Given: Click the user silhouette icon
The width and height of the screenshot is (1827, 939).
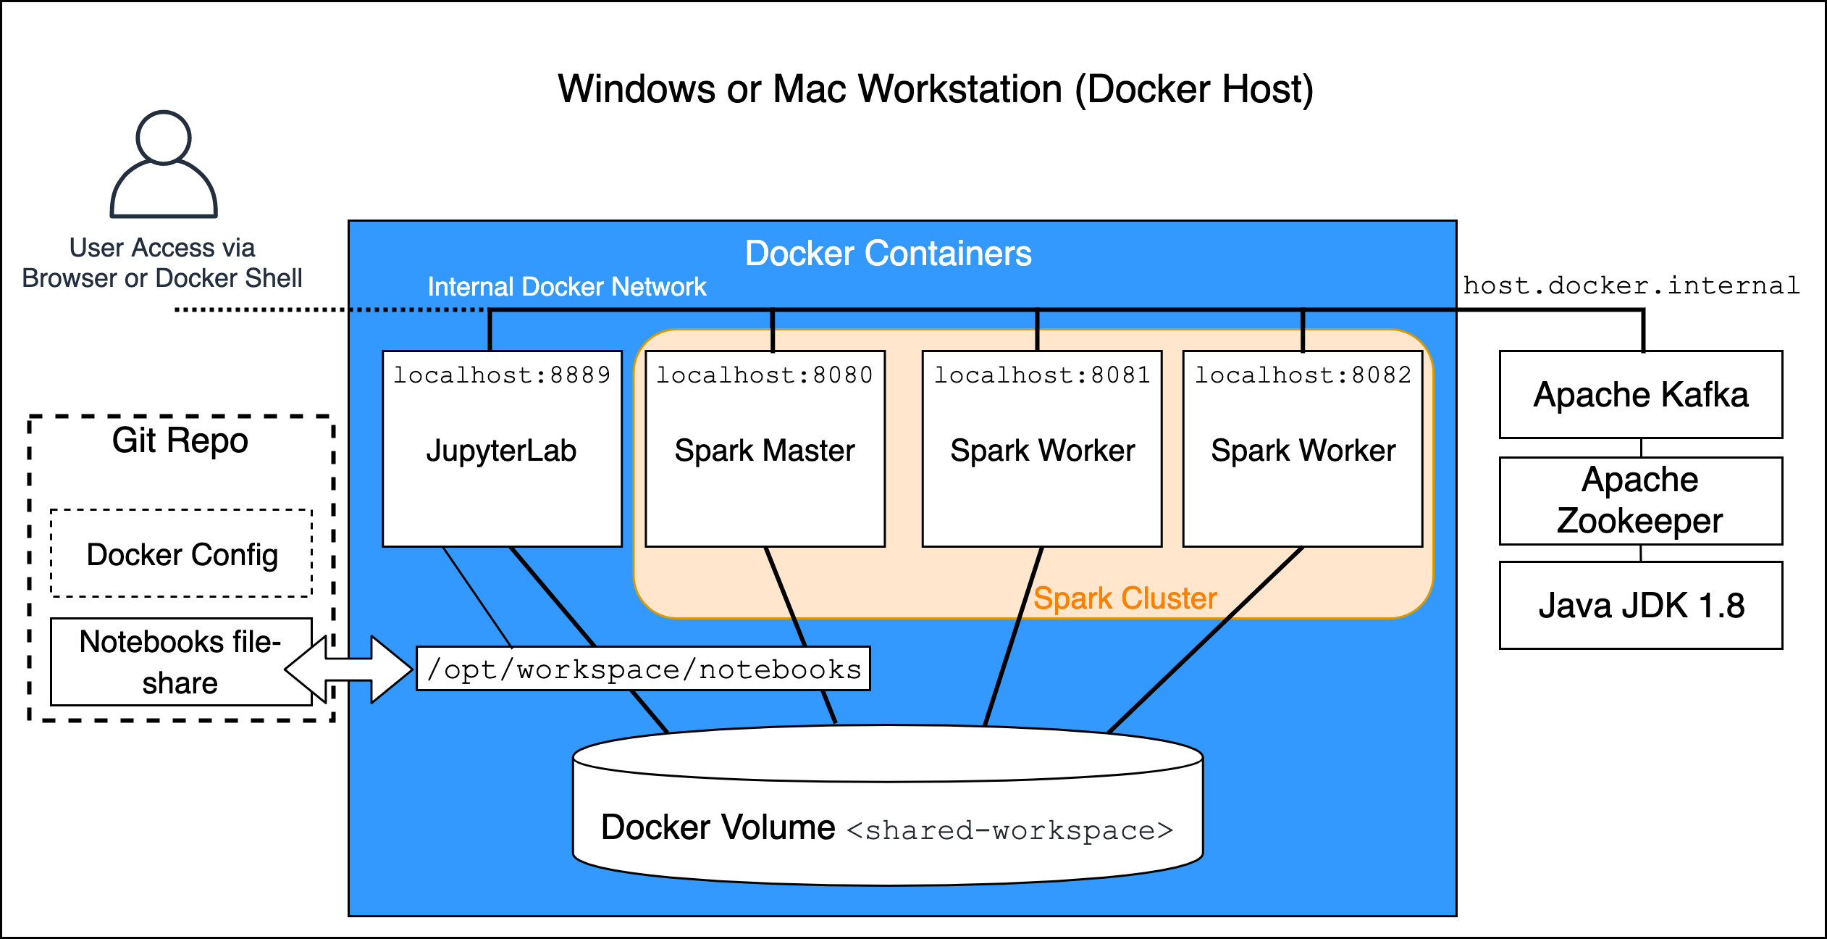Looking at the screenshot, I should tap(164, 164).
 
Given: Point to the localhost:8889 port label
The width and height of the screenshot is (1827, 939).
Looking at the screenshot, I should tap(502, 375).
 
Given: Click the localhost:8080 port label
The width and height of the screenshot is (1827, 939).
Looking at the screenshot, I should tap(765, 375).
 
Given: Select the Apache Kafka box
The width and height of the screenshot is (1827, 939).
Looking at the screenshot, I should tap(1641, 395).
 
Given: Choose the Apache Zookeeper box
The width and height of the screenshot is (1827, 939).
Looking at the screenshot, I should tap(1641, 501).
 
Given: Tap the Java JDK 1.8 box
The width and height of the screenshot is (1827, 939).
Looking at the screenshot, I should tap(1641, 606).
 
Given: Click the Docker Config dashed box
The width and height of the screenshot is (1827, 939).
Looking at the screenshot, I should tap(182, 554).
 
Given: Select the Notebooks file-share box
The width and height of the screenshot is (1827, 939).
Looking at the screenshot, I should tap(180, 662).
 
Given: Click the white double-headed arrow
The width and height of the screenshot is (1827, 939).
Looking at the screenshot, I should tap(349, 669).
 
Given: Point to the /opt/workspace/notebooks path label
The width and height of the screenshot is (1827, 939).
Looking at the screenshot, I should tap(644, 669).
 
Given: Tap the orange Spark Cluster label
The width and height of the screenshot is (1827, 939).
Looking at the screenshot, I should tap(1125, 598).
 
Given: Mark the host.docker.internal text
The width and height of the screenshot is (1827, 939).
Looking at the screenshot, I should tap(1631, 285).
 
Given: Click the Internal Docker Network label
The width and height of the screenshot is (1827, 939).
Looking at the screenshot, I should tap(566, 287).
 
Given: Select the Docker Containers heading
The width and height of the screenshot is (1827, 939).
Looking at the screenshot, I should tap(888, 254).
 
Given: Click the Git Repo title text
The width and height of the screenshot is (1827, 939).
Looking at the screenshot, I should tap(180, 441).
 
